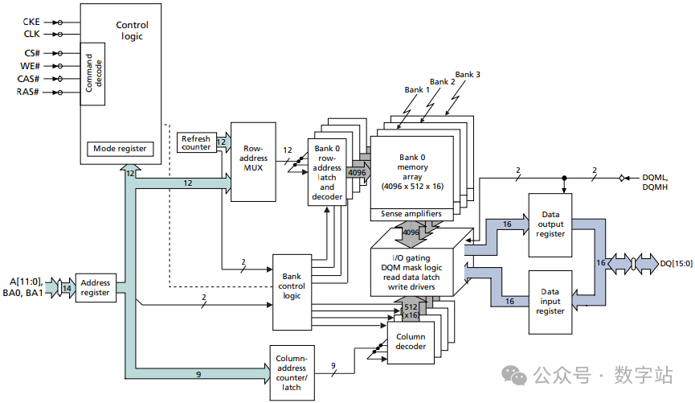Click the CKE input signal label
[x=31, y=22]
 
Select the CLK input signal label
[x=31, y=35]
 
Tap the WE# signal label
[x=30, y=65]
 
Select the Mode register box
[x=120, y=149]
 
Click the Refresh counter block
[x=195, y=142]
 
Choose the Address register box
[x=96, y=288]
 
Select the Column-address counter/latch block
[x=291, y=372]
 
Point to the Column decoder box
[x=411, y=341]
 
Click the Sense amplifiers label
[x=410, y=214]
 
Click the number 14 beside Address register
[x=65, y=286]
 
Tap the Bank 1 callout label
[x=416, y=90]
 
